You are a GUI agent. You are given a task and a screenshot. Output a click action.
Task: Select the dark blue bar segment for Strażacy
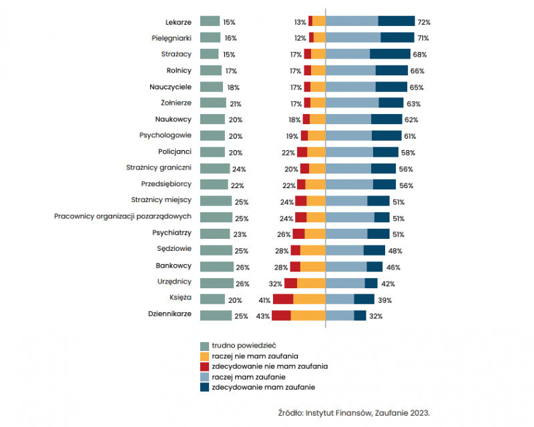[390, 54]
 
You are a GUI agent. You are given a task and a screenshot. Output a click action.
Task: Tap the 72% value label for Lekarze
[425, 22]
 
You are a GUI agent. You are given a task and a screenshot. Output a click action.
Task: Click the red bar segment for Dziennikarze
[281, 316]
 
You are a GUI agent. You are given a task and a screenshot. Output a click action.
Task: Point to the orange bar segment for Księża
[309, 300]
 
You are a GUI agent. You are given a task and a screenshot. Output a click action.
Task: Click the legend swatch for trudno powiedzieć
[206, 346]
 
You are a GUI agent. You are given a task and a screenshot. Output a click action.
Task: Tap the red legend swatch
[206, 366]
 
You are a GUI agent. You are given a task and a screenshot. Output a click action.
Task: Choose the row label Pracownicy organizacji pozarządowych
[123, 218]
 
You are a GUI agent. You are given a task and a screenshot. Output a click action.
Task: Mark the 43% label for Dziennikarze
[263, 316]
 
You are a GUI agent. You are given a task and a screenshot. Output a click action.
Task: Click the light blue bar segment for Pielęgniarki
[353, 38]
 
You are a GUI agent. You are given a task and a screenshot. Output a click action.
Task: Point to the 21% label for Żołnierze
[236, 103]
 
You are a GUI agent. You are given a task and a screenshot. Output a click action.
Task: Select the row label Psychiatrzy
[172, 234]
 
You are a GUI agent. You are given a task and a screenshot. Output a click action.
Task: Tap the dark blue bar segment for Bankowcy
[374, 267]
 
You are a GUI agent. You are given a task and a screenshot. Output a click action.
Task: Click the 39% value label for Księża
[385, 300]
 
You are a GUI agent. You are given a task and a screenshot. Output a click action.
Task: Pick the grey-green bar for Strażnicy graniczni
[214, 169]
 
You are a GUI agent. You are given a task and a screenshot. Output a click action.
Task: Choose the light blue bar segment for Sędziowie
[344, 250]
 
